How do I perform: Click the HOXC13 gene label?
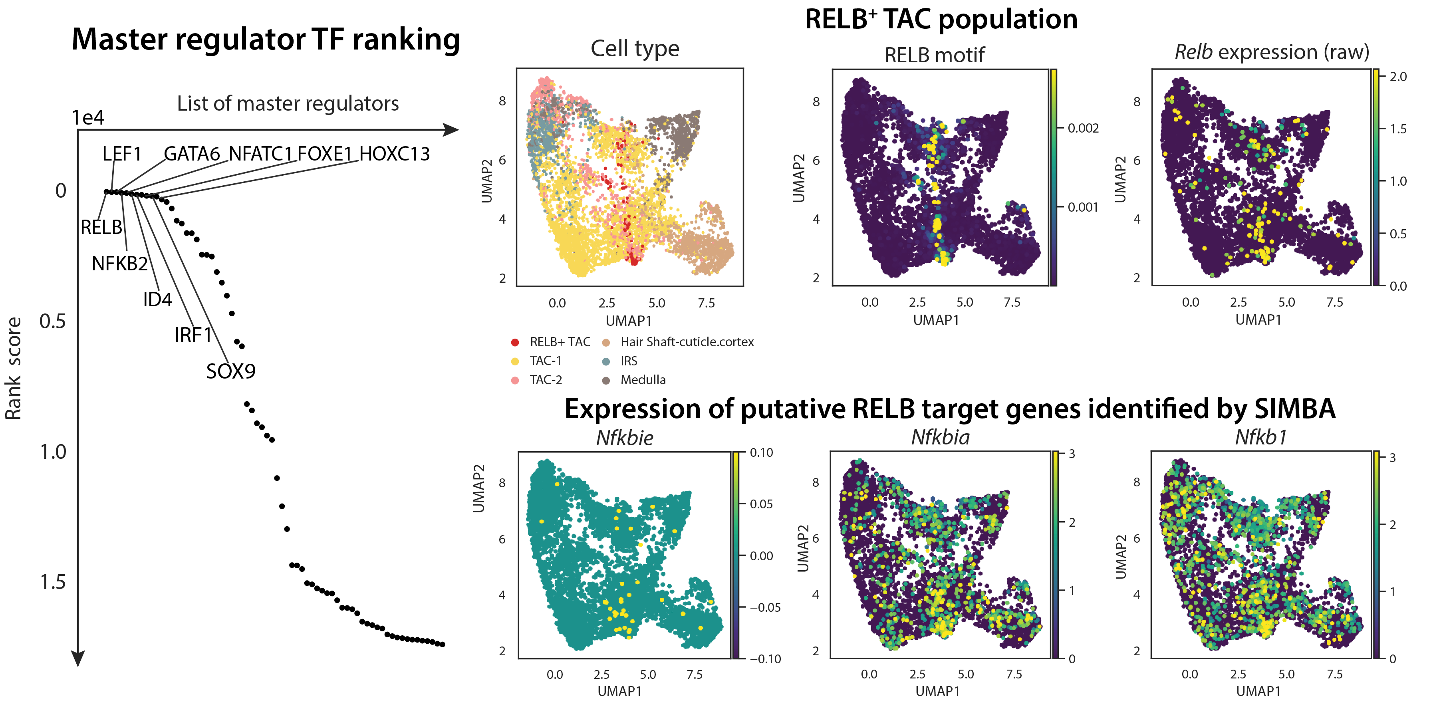394,154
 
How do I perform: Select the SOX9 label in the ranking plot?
230,371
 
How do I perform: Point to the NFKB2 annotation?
120,264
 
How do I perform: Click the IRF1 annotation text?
193,335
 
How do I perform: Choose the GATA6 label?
191,154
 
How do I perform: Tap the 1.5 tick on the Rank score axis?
53,583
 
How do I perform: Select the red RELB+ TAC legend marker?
515,342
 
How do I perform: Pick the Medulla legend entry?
643,380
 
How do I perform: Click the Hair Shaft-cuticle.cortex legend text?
687,342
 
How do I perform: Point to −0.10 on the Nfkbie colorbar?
765,659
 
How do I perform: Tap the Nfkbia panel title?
940,437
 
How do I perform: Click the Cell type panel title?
635,49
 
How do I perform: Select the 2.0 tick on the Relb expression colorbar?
1397,77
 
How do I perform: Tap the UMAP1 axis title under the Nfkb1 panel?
1258,691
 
